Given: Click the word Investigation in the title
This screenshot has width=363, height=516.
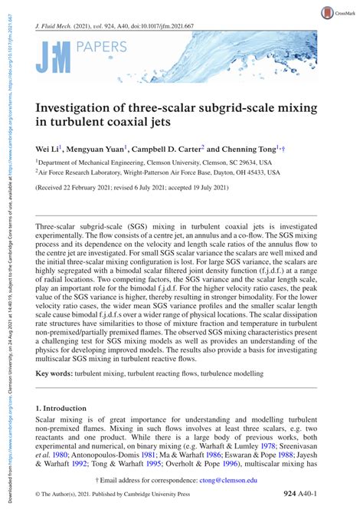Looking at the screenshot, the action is tap(77, 108).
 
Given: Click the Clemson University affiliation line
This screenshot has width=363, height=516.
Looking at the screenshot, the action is tap(154, 163).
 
